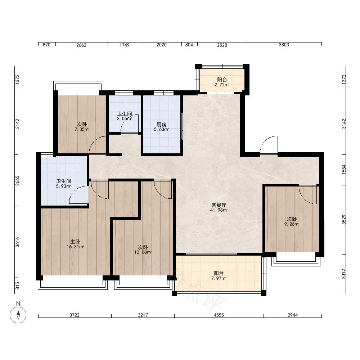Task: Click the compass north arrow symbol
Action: tap(18, 315)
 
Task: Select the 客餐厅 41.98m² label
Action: tap(219, 207)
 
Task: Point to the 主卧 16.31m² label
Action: tap(75, 244)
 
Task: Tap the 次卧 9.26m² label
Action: tap(292, 221)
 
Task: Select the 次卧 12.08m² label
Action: tap(143, 250)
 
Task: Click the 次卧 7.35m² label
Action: tap(82, 127)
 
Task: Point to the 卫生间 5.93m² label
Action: tap(64, 184)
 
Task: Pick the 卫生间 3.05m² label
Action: tap(125, 116)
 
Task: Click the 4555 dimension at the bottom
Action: tap(219, 315)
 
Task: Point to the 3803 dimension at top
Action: tap(284, 45)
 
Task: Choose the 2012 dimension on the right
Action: tap(344, 274)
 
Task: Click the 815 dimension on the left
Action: tap(17, 285)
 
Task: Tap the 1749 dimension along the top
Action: tap(125, 45)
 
